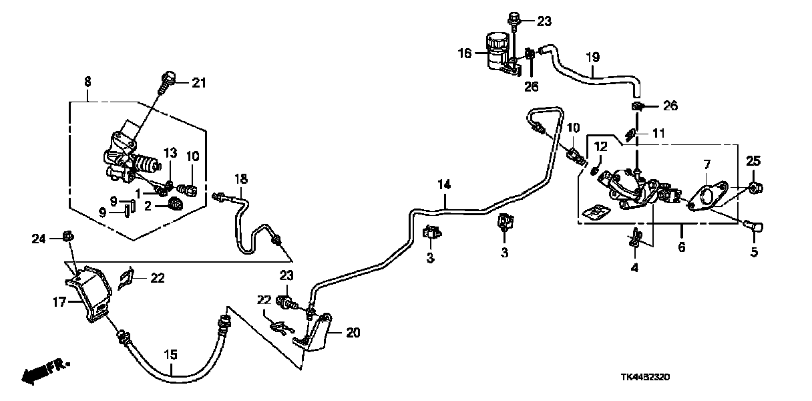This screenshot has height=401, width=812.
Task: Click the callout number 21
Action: point(200,84)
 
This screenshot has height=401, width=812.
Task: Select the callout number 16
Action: point(464,53)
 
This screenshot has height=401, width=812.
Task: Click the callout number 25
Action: point(753,161)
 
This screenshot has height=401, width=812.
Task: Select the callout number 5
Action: point(754,253)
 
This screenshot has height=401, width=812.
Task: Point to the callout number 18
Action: point(240,178)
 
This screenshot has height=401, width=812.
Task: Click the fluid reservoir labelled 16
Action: point(496,50)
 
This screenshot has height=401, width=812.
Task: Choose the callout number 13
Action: point(169,172)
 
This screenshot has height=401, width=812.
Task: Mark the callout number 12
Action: point(600,146)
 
